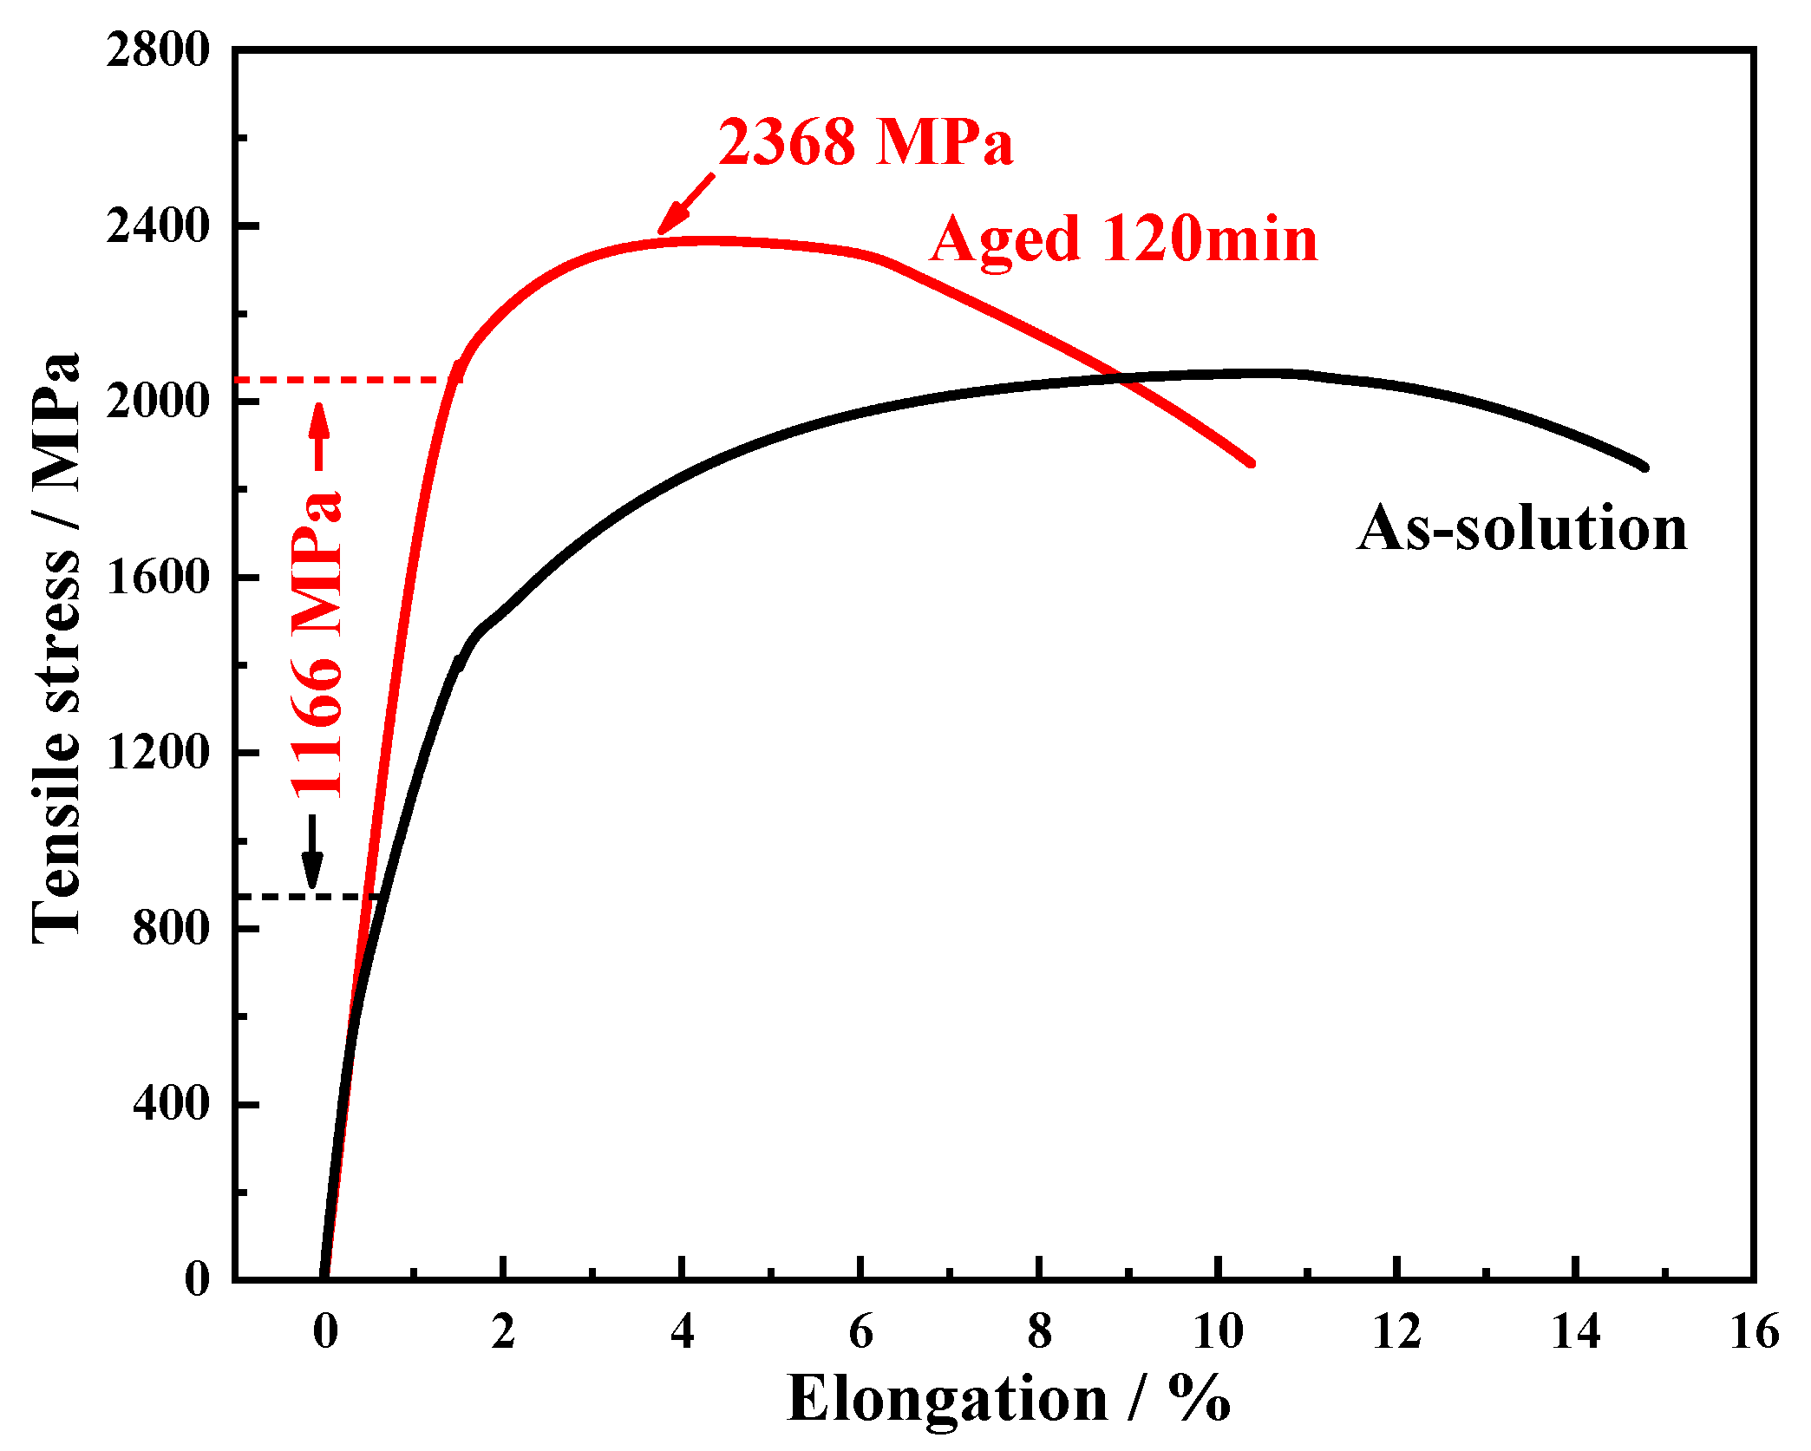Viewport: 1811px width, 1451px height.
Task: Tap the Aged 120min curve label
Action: pyautogui.click(x=1123, y=239)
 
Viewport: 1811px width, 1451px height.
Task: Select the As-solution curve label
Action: pyautogui.click(x=1522, y=528)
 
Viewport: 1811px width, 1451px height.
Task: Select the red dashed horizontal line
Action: pyautogui.click(x=347, y=380)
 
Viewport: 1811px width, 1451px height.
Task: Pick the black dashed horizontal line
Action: pyautogui.click(x=304, y=896)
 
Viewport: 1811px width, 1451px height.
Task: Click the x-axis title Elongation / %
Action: pyautogui.click(x=1009, y=1399)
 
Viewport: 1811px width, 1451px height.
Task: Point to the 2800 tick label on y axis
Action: pyautogui.click(x=158, y=50)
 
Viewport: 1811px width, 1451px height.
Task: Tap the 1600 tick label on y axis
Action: pyautogui.click(x=158, y=577)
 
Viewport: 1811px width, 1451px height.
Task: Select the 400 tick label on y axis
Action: pyautogui.click(x=171, y=1103)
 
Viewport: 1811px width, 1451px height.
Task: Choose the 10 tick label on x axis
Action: pyautogui.click(x=1218, y=1332)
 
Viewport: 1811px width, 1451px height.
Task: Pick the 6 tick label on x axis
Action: pyautogui.click(x=860, y=1332)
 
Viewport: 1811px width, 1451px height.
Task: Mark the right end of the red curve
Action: pyautogui.click(x=1252, y=463)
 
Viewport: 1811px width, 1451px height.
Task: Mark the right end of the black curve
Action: pyautogui.click(x=1644, y=467)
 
